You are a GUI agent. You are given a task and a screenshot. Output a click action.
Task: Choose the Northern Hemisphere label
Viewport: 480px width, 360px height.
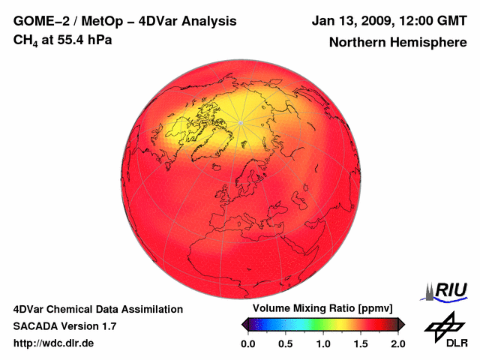(397, 42)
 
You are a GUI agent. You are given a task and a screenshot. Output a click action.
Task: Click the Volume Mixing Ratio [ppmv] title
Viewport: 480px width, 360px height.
(322, 308)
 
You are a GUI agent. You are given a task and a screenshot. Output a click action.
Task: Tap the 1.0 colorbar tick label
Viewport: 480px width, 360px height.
(322, 343)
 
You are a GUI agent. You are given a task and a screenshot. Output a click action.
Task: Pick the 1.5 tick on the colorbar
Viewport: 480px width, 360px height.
(360, 343)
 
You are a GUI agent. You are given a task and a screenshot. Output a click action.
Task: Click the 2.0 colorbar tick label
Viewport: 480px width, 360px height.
(397, 343)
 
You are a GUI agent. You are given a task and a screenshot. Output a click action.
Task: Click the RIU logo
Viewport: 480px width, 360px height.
(448, 290)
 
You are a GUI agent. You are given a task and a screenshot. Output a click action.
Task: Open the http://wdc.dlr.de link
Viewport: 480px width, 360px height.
(54, 343)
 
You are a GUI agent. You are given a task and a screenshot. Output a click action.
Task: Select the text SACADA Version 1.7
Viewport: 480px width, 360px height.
(64, 326)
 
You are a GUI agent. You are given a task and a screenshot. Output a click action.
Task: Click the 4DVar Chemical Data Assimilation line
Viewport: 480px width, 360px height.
(97, 309)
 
